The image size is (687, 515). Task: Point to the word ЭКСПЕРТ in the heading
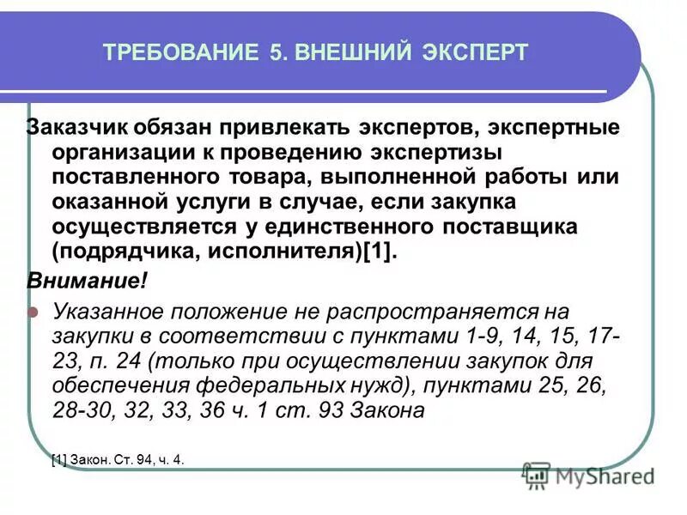tap(472, 52)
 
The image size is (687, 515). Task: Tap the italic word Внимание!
tap(88, 282)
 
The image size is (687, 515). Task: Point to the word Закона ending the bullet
tap(388, 409)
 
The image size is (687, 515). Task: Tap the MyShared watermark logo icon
tap(537, 474)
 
